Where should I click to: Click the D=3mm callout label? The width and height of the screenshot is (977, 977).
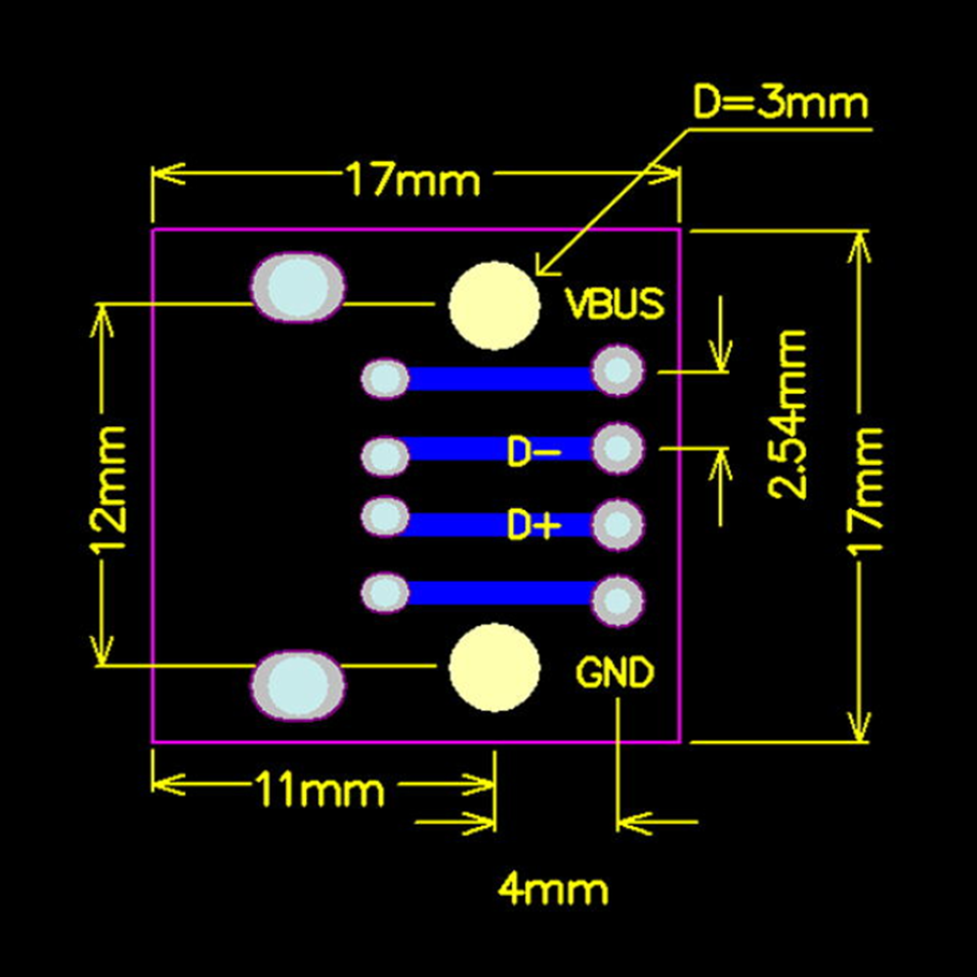tap(780, 103)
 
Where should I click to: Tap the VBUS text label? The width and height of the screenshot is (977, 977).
tap(615, 304)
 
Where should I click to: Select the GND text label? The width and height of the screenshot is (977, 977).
tap(615, 672)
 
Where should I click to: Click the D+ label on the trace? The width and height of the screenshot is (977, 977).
tap(533, 525)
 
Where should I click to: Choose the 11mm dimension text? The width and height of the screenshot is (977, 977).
tap(319, 790)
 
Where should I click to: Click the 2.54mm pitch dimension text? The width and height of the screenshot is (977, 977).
tap(786, 414)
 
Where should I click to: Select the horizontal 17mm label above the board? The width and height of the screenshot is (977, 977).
tap(412, 179)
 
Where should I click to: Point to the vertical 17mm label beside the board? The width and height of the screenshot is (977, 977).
tap(866, 489)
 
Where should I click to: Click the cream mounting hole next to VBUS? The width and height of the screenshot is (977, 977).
tap(494, 305)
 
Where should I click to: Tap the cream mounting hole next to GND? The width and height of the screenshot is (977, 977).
tap(494, 666)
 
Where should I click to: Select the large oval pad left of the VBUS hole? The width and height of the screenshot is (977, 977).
tap(298, 286)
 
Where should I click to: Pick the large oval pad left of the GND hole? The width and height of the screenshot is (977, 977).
tap(298, 684)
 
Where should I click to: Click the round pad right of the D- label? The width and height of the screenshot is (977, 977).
tap(617, 447)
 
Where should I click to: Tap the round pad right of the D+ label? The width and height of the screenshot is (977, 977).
tap(617, 525)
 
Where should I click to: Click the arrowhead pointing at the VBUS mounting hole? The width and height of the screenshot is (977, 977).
tap(546, 264)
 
